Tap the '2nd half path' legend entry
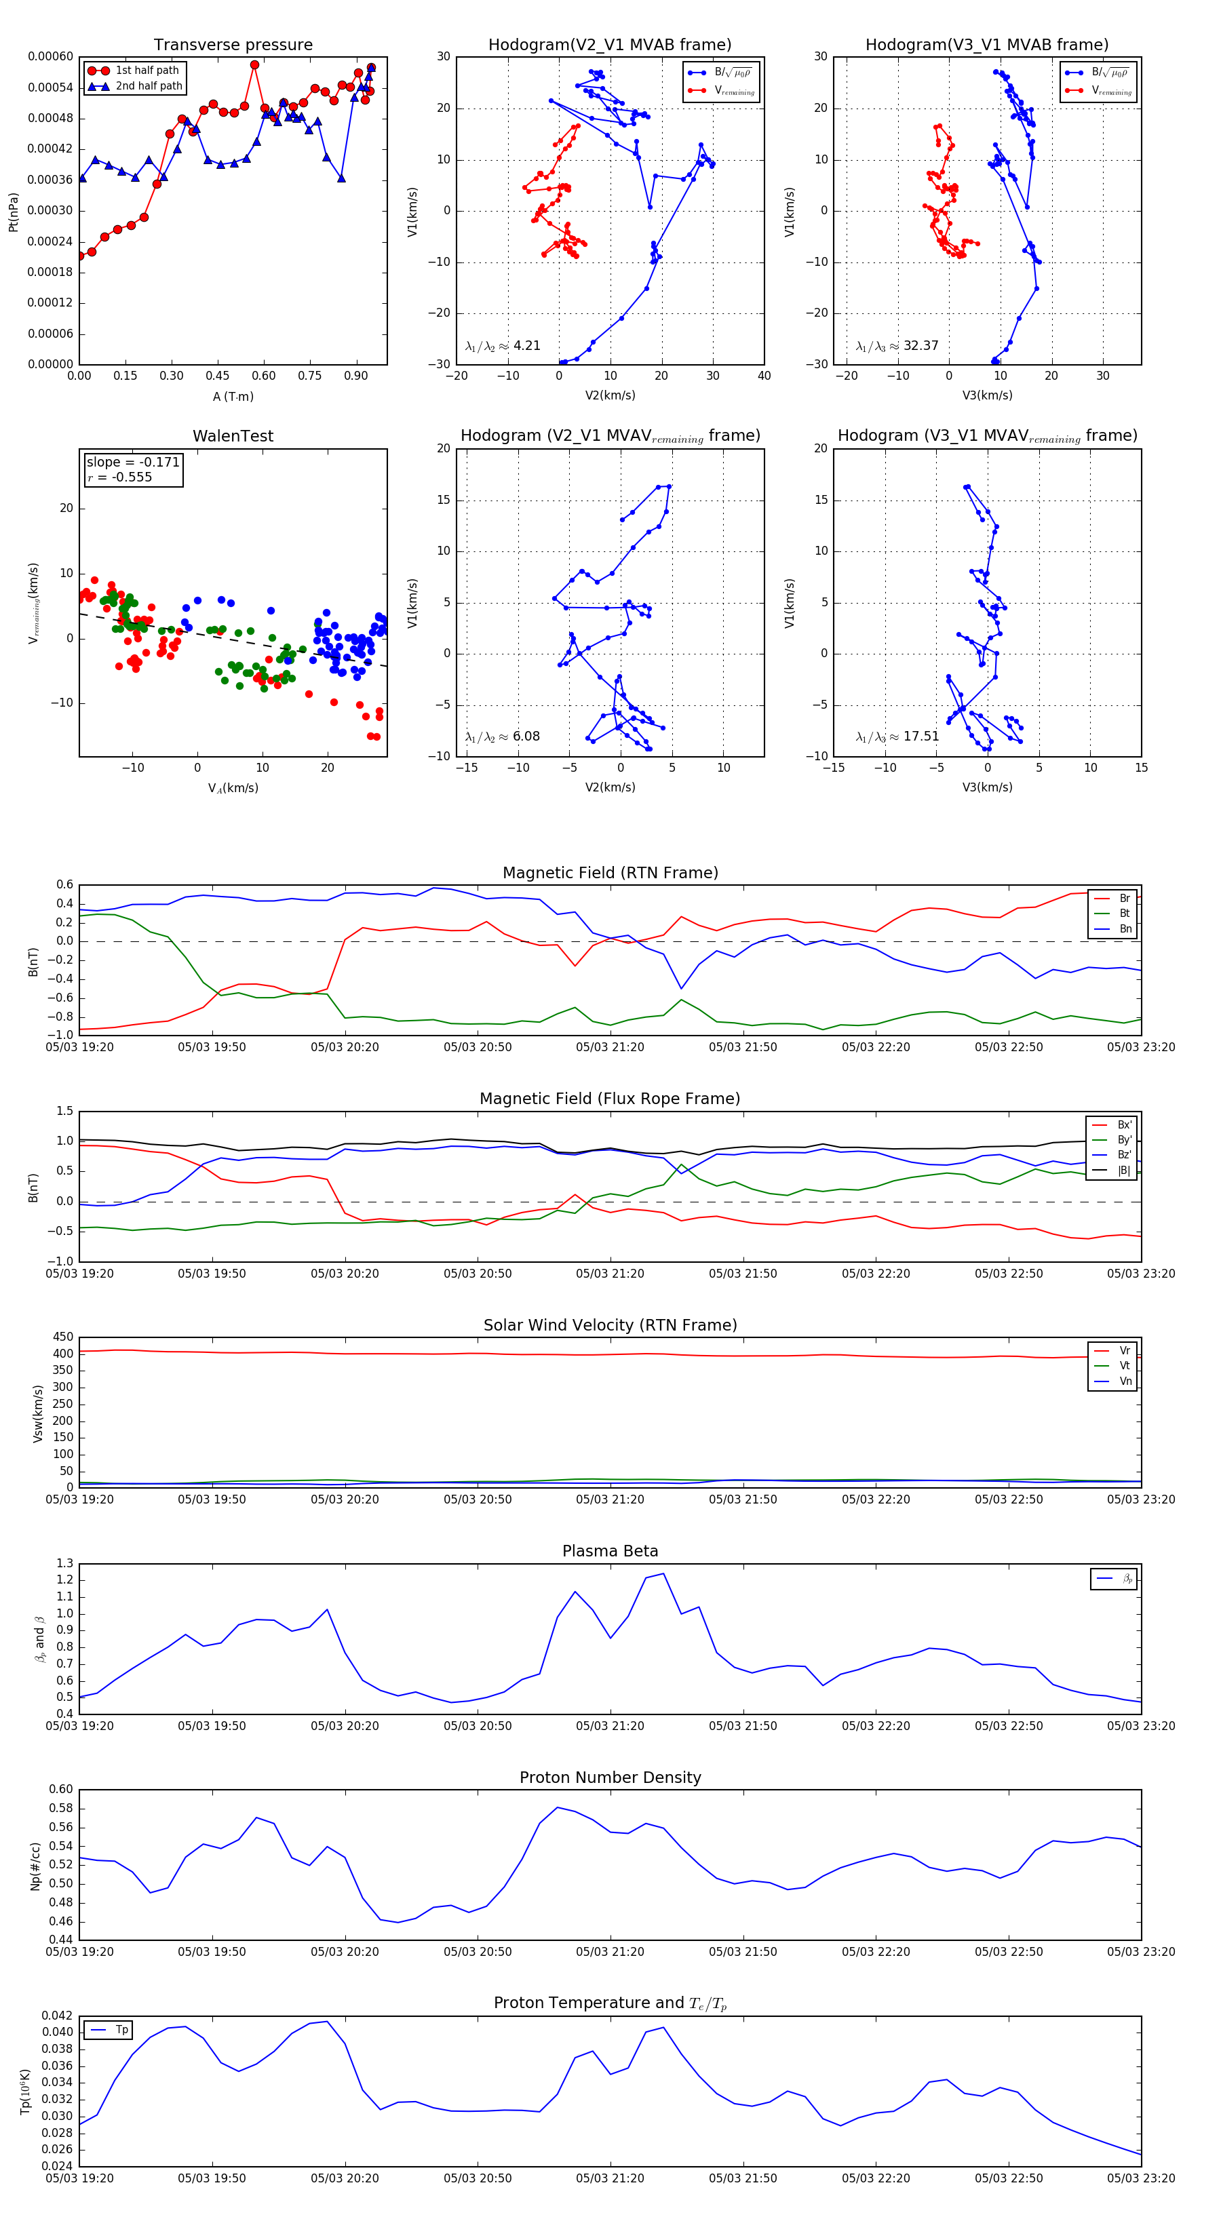click(x=149, y=86)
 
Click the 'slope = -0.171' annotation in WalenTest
click(x=133, y=463)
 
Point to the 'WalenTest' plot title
click(x=233, y=436)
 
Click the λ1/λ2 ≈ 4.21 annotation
click(x=502, y=346)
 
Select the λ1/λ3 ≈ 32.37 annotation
click(x=897, y=346)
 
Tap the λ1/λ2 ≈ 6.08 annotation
click(x=502, y=737)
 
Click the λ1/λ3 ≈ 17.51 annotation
click(x=897, y=737)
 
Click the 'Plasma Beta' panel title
click(x=610, y=1552)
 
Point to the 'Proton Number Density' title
click(x=610, y=1778)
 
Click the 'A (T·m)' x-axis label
click(x=233, y=397)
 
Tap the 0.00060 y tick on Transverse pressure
click(x=50, y=56)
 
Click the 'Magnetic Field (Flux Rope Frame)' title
click(x=610, y=1099)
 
